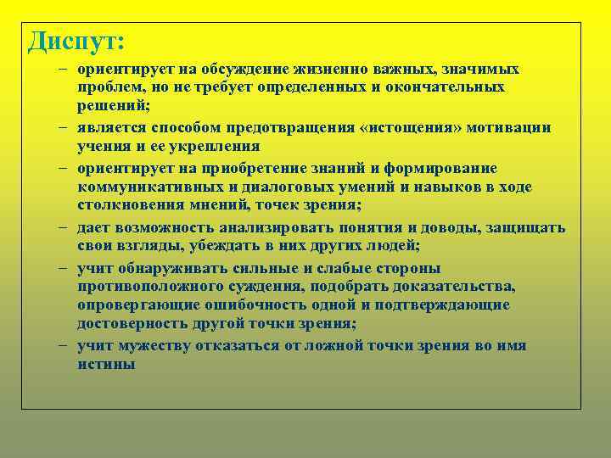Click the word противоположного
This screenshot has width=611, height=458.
[x=149, y=287]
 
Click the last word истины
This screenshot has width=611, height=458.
[x=106, y=364]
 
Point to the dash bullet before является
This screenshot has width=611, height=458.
[x=65, y=127]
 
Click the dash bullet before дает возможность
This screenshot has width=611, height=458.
[x=65, y=227]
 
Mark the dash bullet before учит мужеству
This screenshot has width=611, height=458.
[x=65, y=345]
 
